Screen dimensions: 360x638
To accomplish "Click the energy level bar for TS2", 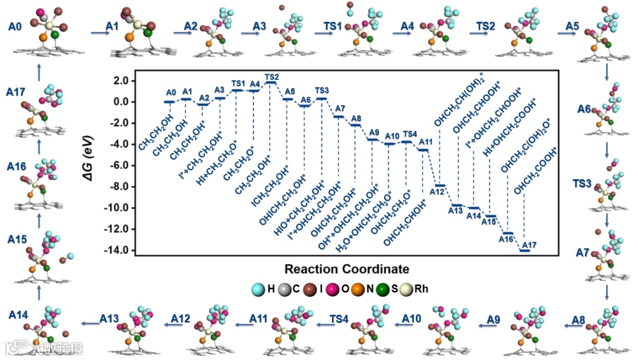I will pos(272,83).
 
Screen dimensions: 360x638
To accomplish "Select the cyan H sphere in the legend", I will pos(258,290).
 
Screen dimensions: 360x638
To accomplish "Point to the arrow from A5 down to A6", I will pos(607,72).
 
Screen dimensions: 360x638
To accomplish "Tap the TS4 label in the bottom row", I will pos(340,319).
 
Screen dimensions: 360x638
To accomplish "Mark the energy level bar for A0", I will pos(169,102).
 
